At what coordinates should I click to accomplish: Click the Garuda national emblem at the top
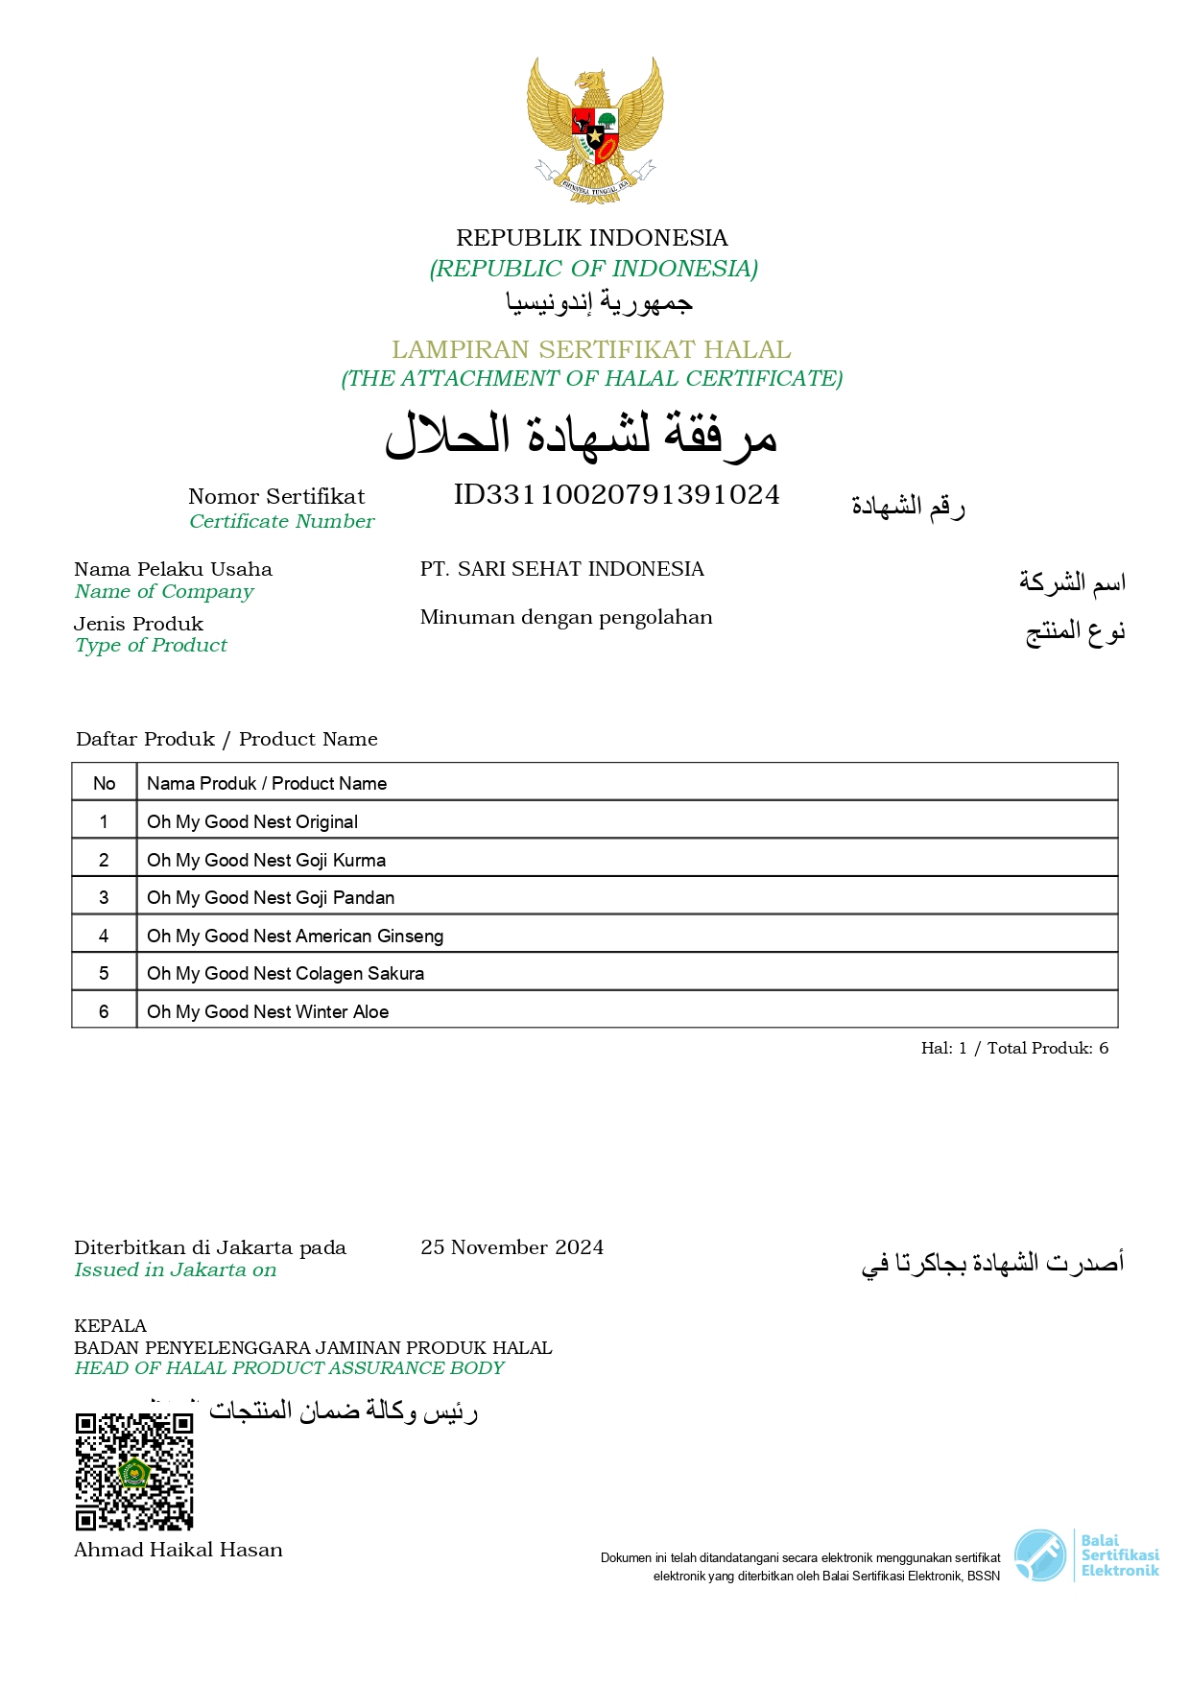click(595, 129)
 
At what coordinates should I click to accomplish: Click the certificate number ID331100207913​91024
click(616, 495)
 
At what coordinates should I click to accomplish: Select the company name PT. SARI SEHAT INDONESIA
click(561, 569)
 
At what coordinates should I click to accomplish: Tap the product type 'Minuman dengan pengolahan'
click(566, 617)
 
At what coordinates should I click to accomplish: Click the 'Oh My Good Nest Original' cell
click(252, 822)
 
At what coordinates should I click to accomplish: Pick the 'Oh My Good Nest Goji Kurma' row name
click(266, 861)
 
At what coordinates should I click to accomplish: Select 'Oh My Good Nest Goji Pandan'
click(271, 898)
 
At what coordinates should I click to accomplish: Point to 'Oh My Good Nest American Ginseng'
click(295, 937)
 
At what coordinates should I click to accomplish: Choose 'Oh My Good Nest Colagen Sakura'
click(285, 974)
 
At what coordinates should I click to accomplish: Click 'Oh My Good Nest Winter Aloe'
click(268, 1012)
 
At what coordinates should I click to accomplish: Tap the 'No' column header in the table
click(104, 784)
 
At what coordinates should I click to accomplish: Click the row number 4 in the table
click(104, 937)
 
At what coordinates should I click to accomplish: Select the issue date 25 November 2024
click(512, 1247)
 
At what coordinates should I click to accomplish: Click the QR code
click(134, 1471)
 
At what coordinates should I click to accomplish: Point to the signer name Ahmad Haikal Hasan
click(178, 1550)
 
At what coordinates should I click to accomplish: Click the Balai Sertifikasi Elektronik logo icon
click(1040, 1555)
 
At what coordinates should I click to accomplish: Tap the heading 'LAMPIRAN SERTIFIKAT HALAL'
click(591, 349)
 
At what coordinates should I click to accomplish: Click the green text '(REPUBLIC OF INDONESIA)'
click(593, 269)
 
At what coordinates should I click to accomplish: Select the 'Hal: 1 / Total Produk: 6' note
click(1014, 1048)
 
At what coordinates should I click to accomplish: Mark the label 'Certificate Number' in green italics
click(281, 521)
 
